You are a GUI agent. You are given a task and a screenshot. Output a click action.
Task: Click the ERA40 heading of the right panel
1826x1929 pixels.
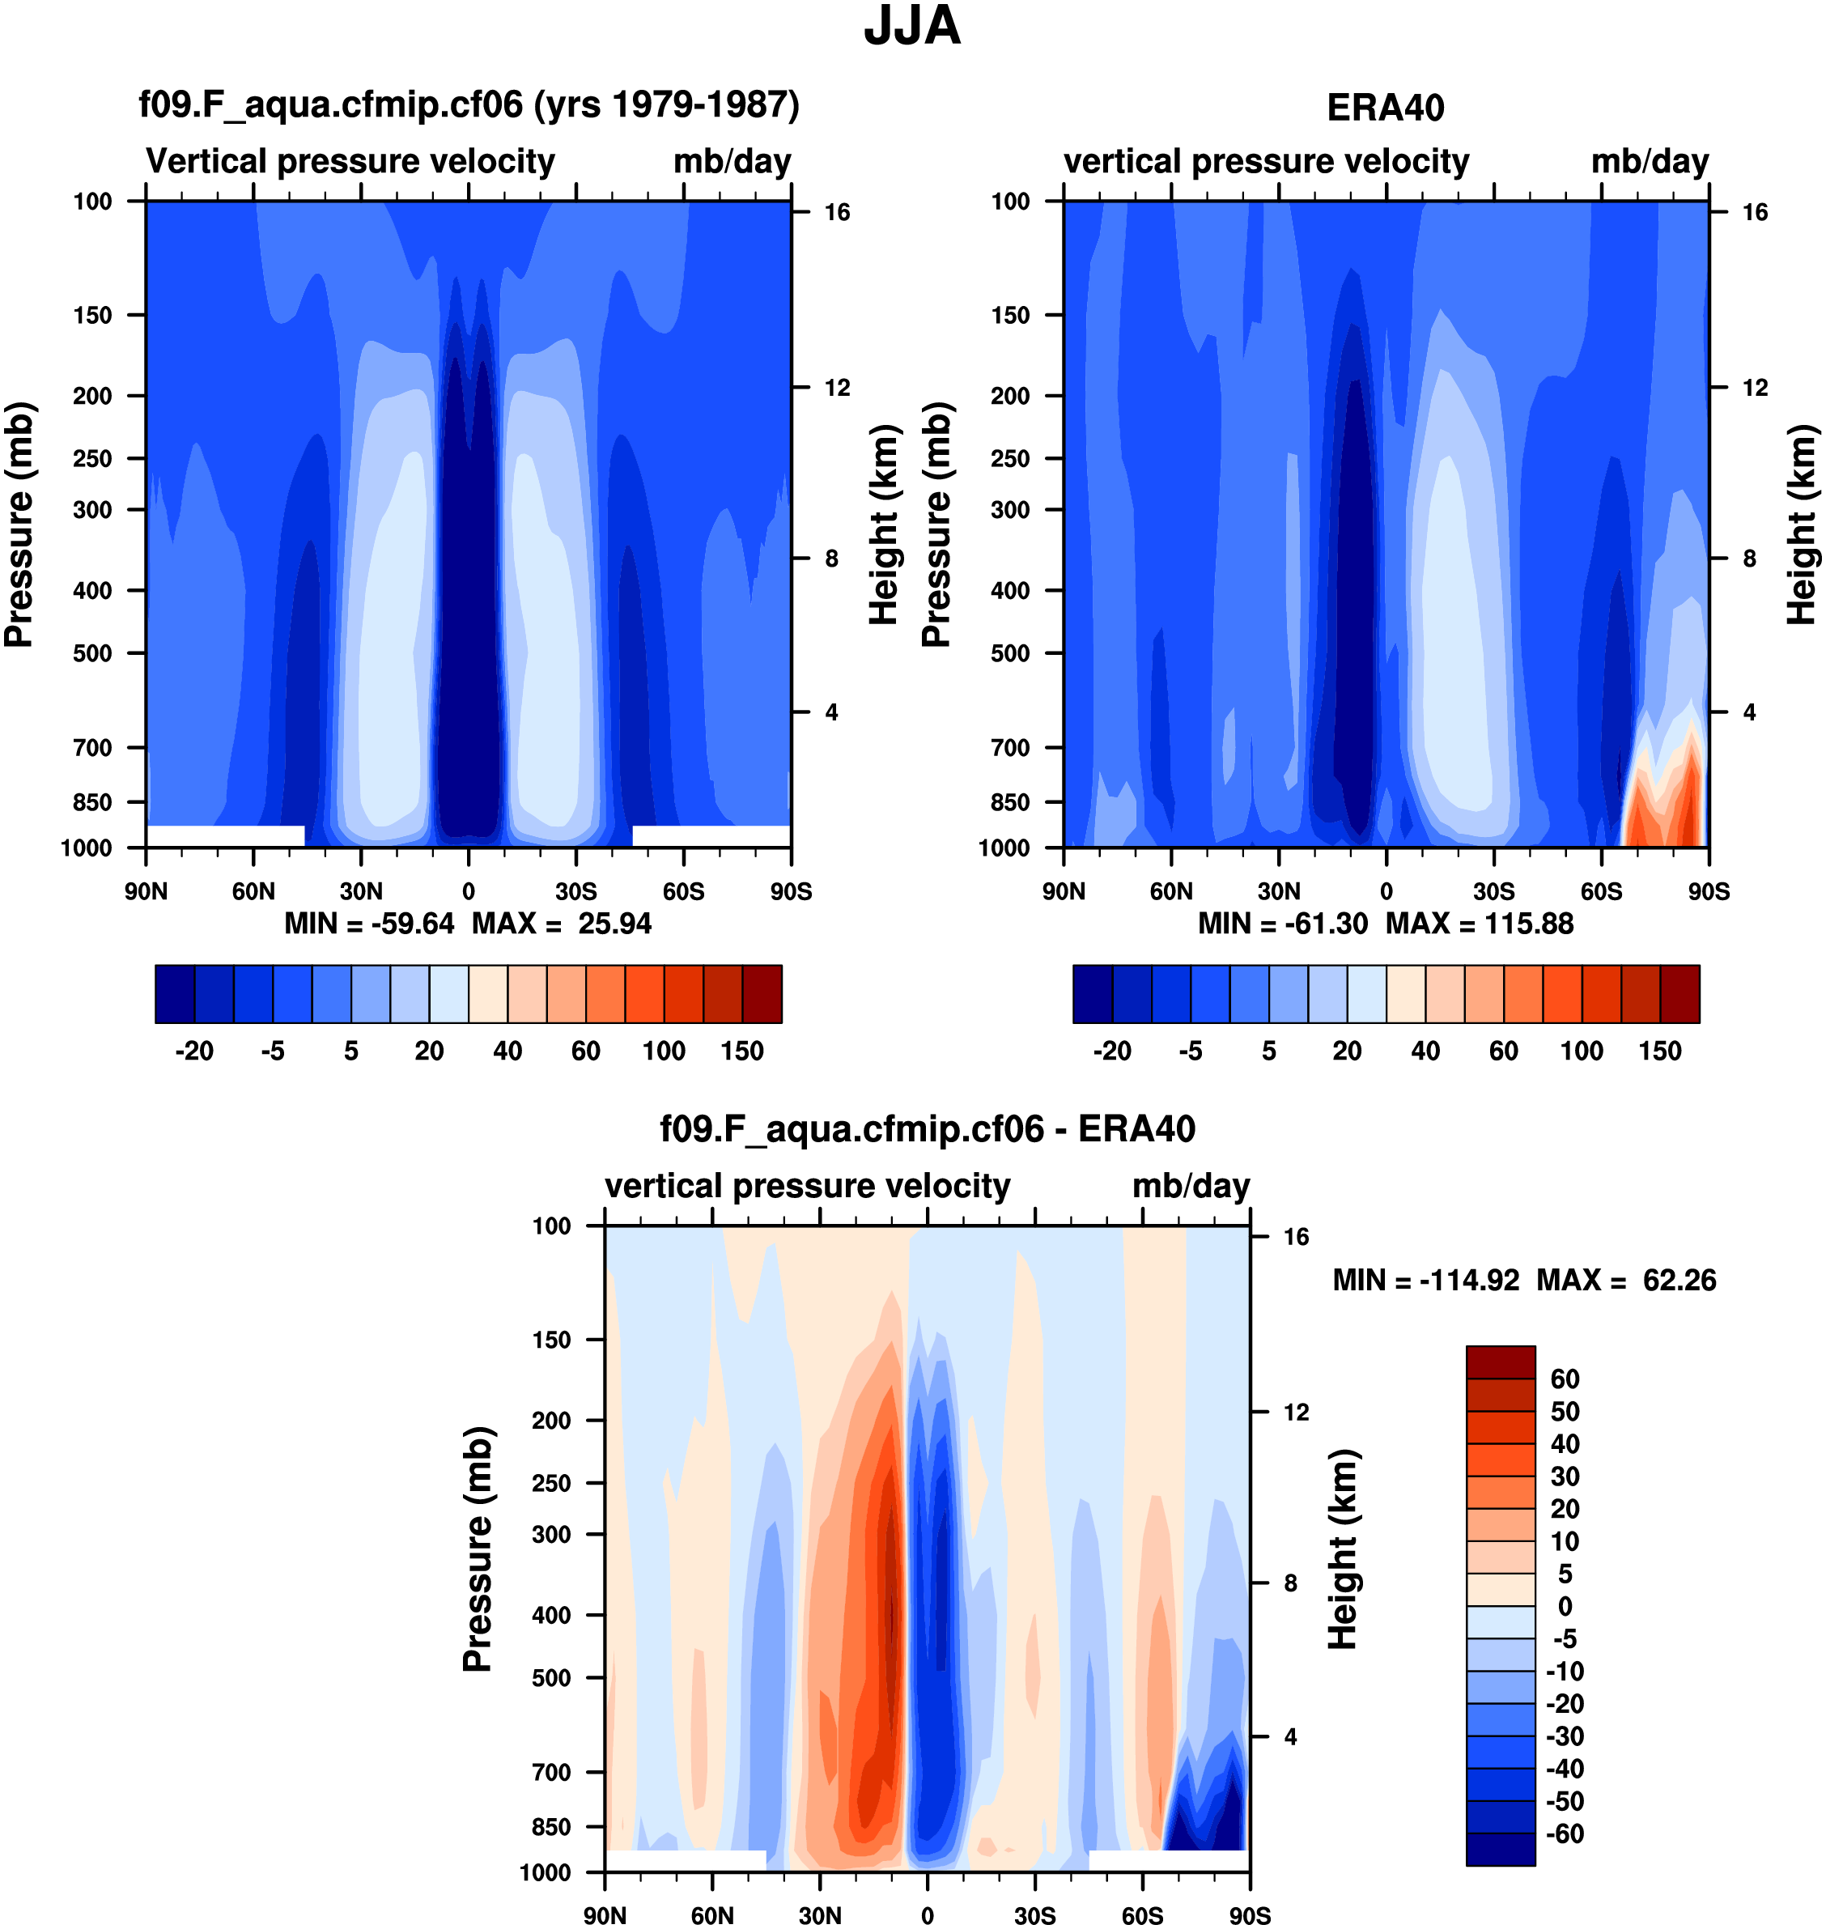(1385, 108)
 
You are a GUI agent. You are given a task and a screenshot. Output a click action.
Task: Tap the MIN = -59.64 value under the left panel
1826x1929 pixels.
(369, 924)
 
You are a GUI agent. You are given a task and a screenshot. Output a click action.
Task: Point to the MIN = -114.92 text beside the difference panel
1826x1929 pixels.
(1425, 1280)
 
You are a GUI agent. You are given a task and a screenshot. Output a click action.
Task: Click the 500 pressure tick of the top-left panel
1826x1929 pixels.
(92, 653)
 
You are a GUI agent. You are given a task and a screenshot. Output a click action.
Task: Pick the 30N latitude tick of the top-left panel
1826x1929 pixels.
(361, 891)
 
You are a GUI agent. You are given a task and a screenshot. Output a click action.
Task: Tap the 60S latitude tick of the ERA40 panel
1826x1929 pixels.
(1601, 891)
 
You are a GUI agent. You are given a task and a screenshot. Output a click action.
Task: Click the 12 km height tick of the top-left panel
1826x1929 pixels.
(837, 389)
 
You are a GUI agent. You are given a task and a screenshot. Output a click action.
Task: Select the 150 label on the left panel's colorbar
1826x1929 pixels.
(741, 1052)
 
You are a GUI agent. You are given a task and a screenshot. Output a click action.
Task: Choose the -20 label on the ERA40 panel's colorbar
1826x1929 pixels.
(1111, 1052)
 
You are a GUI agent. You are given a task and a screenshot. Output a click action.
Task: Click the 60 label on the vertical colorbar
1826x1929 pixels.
(1565, 1379)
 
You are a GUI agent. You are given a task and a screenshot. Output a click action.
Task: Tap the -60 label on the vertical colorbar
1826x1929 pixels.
(1565, 1833)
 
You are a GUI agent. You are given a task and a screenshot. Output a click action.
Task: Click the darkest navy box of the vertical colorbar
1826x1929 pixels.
(1500, 1849)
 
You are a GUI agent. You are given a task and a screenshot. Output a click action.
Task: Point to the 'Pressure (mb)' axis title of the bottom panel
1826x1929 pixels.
(478, 1549)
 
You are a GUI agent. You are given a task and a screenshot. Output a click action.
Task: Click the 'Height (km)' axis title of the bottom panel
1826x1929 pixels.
(1344, 1549)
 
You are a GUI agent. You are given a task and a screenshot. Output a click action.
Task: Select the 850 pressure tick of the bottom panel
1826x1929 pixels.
(551, 1827)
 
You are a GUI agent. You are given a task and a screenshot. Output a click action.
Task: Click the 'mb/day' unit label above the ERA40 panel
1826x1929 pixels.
(1650, 162)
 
